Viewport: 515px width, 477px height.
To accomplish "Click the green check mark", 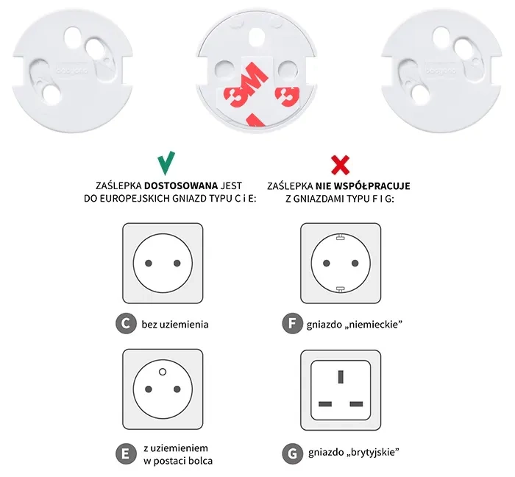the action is coord(166,163).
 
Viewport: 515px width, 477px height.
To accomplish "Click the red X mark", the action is coord(340,165).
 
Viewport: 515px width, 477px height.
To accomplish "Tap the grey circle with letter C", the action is coord(126,324).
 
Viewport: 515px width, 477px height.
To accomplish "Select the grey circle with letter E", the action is coord(126,454).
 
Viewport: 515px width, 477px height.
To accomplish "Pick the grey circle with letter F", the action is coord(292,324).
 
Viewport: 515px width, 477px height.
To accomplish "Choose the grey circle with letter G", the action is coord(292,454).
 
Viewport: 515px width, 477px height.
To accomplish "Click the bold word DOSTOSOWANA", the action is coord(181,186).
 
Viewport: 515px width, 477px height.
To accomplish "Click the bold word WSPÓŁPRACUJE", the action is coord(372,186).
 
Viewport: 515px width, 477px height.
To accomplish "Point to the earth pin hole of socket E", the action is coord(163,372).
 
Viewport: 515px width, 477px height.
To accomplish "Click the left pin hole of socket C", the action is coord(149,263).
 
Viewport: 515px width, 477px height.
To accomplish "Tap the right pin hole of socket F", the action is coord(355,263).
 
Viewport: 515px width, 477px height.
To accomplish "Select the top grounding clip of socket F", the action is coord(340,236).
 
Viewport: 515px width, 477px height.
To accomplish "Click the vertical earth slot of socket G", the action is coord(341,376).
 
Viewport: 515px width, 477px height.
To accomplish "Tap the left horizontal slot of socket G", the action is coord(325,404).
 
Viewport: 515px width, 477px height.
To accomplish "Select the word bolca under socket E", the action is coord(201,461).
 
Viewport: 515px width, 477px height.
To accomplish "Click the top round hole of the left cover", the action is coord(73,36).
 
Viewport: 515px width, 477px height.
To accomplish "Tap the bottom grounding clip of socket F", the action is coord(340,289).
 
